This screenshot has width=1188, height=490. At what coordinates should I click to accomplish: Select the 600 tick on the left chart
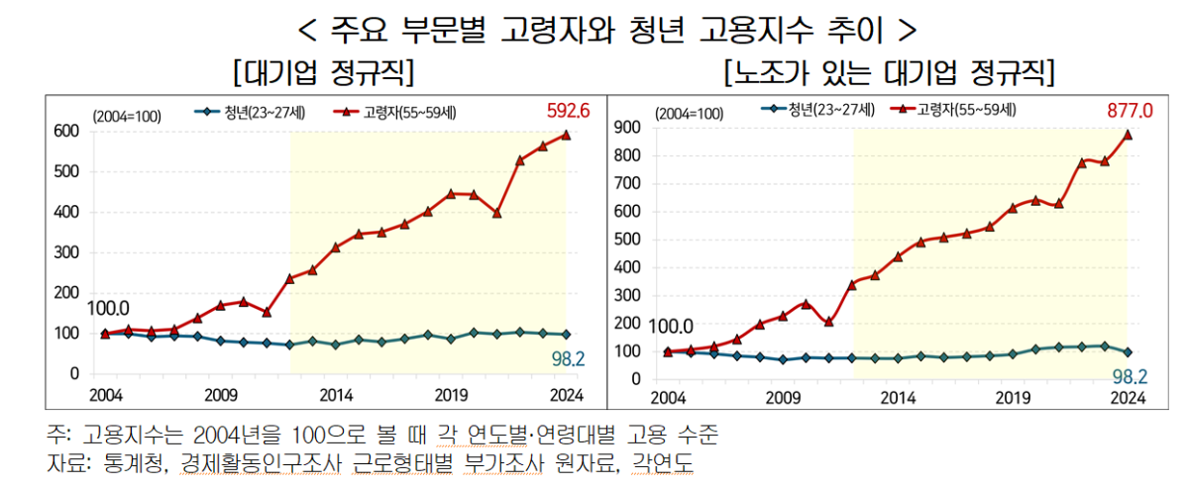[x=65, y=131]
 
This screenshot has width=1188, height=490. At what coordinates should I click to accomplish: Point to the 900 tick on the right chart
[x=627, y=128]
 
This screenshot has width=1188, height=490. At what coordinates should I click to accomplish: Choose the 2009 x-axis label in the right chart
[x=783, y=398]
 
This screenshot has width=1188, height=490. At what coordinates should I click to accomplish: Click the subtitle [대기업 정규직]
[x=322, y=72]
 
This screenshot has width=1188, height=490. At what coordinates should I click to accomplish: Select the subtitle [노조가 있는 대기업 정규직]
[x=889, y=72]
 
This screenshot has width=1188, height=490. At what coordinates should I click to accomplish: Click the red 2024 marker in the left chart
[x=566, y=135]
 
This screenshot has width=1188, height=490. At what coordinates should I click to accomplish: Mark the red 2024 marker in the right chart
[x=1128, y=135]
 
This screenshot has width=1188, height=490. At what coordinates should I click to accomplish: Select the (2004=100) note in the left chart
[x=127, y=116]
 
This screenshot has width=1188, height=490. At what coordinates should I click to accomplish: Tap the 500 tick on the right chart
[x=627, y=239]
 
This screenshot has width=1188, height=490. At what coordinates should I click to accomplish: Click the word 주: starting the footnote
[x=59, y=436]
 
